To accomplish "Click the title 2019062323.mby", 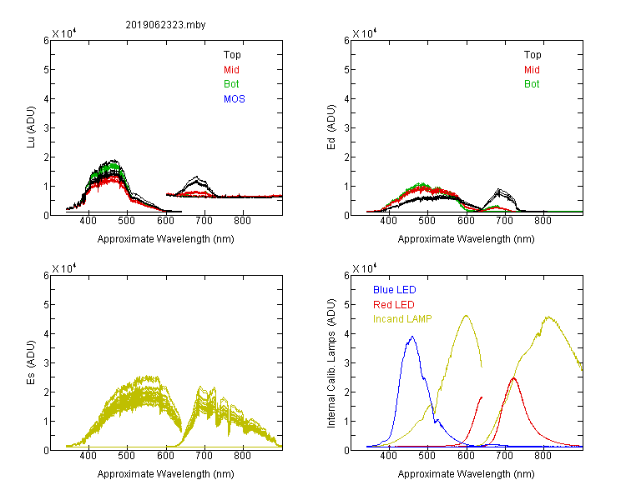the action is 165,25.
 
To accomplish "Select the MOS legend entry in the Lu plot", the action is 235,99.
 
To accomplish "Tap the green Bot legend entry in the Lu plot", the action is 231,84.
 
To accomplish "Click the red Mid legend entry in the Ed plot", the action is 532,70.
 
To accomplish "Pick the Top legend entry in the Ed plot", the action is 533,55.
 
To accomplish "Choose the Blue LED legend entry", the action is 395,290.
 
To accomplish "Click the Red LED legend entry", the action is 394,305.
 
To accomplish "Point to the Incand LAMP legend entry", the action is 402,319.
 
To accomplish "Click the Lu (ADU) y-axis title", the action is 31,127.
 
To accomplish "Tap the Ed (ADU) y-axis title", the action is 331,127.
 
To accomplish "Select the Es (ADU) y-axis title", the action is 31,362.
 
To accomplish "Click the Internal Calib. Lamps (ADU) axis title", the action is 331,363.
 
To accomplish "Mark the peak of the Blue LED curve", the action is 412,337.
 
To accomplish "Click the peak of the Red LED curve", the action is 513,378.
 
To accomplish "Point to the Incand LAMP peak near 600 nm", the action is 466,316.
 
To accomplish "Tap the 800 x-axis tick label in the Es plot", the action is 242,455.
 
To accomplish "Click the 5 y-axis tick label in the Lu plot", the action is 46,70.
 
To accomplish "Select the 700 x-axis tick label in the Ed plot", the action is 504,221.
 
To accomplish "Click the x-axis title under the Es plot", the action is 166,474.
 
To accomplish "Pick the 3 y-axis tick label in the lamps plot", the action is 346,362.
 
